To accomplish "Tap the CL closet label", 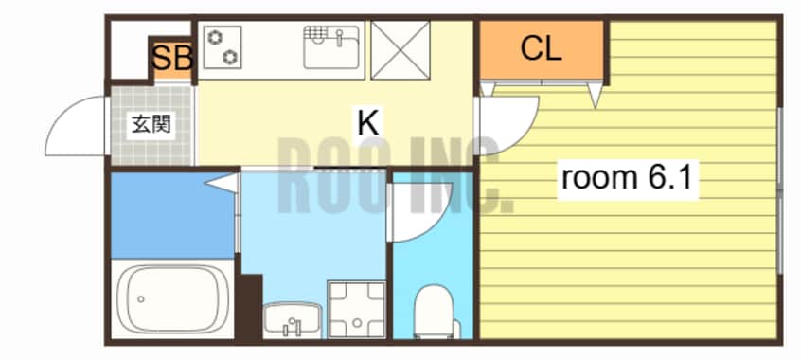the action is click(x=541, y=49).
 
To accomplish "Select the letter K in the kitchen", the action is click(x=367, y=123).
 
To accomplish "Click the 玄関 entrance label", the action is click(x=151, y=124).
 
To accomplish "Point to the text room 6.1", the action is click(x=628, y=178).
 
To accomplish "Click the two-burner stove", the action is click(x=222, y=47).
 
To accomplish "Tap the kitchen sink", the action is click(x=331, y=47).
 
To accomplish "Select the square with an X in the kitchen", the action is click(x=400, y=50).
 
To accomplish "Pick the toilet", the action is click(x=435, y=312).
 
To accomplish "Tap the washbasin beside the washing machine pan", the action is click(x=293, y=319).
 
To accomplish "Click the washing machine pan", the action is click(x=356, y=309).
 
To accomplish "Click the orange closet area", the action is click(x=542, y=50).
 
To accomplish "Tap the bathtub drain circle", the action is click(x=141, y=299).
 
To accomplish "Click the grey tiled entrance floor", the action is click(x=152, y=125).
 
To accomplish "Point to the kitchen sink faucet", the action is click(x=339, y=37).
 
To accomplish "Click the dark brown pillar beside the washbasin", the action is click(x=250, y=307).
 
